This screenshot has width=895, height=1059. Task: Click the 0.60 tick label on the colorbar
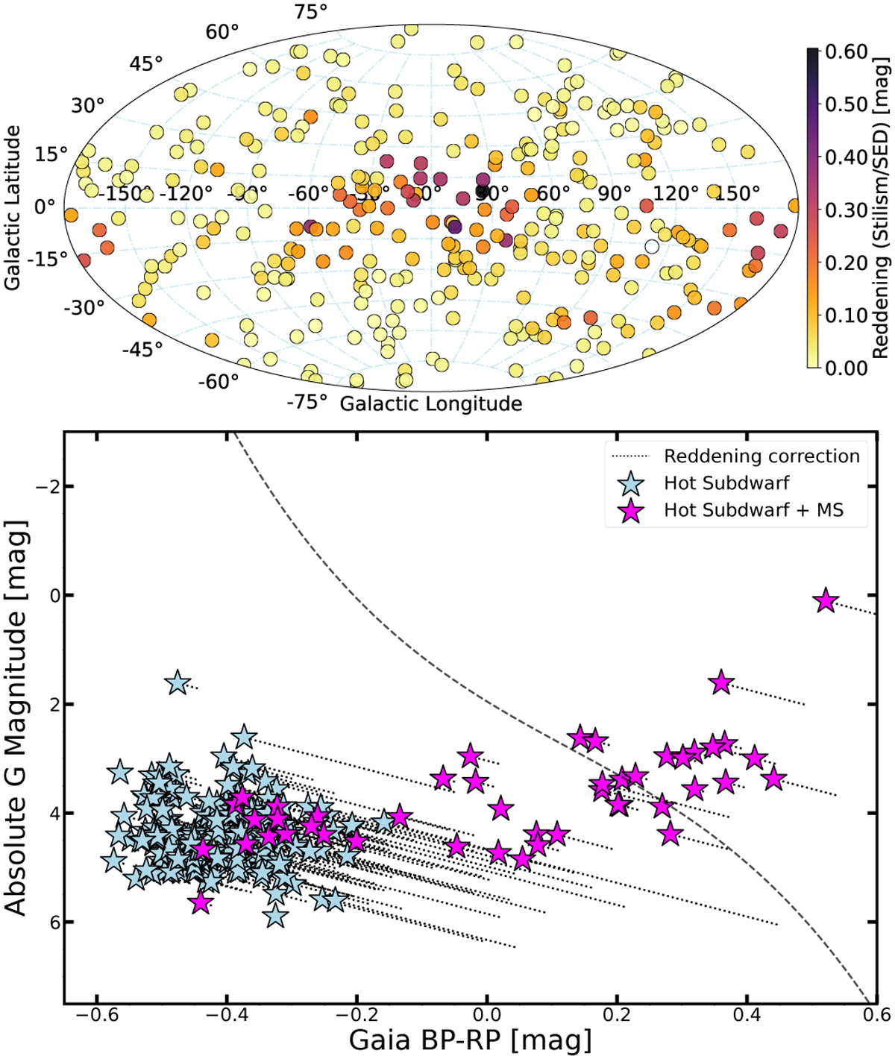[847, 52]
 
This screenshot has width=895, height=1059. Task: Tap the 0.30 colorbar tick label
[847, 210]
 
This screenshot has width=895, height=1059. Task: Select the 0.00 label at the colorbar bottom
[847, 368]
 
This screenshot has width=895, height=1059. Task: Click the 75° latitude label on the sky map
[311, 13]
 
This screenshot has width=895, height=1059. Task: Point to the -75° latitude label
[307, 403]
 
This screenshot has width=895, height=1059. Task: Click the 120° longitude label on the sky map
[675, 194]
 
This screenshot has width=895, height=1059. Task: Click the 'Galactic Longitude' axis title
[431, 404]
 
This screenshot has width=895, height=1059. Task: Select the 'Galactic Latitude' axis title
[13, 207]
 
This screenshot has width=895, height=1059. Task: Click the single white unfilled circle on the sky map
[652, 246]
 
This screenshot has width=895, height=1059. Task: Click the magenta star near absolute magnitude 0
[826, 600]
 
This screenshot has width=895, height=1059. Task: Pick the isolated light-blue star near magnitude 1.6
[178, 682]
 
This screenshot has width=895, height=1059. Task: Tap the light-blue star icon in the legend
[632, 483]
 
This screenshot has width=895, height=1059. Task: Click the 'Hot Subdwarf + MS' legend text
[754, 510]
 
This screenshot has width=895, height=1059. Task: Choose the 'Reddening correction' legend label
[761, 456]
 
